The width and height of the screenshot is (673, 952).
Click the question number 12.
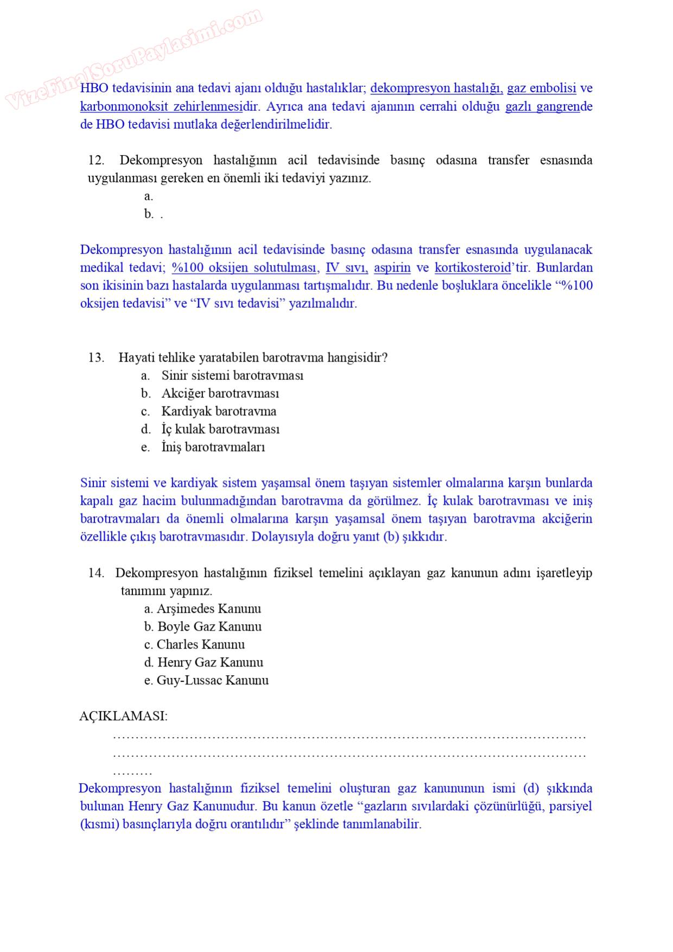pyautogui.click(x=96, y=160)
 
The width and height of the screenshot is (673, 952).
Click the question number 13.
pyautogui.click(x=96, y=358)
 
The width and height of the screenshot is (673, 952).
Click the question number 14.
pyautogui.click(x=96, y=573)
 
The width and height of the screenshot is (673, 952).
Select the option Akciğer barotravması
pyautogui.click(x=220, y=394)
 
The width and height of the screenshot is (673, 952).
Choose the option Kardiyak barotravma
pyautogui.click(x=218, y=411)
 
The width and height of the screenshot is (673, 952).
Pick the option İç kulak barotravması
pyautogui.click(x=220, y=429)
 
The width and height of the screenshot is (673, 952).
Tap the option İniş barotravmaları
pyautogui.click(x=213, y=447)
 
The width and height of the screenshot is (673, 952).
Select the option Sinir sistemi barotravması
pyautogui.click(x=232, y=376)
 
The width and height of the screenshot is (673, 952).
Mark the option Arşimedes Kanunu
pyautogui.click(x=208, y=609)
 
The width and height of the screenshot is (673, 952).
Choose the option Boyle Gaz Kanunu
pyautogui.click(x=209, y=627)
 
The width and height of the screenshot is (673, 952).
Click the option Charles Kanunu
pyautogui.click(x=200, y=645)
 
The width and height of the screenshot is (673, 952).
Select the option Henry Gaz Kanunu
pyautogui.click(x=210, y=663)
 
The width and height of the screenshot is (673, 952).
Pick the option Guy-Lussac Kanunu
pyautogui.click(x=212, y=681)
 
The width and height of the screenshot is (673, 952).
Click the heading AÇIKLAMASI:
pyautogui.click(x=123, y=716)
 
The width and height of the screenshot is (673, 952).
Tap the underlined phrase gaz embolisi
pyautogui.click(x=541, y=88)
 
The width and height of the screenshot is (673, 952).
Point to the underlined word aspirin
pyautogui.click(x=392, y=268)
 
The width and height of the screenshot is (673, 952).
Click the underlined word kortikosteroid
pyautogui.click(x=473, y=268)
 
